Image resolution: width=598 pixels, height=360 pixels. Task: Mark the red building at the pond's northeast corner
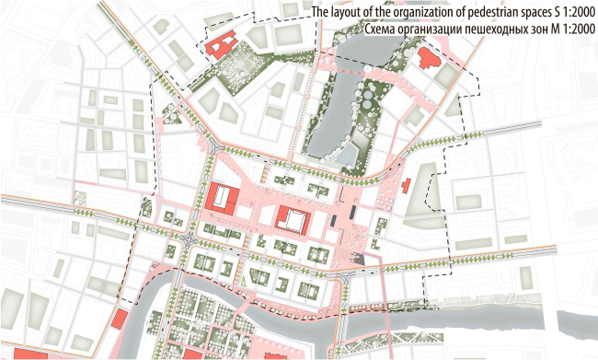tap(428, 61)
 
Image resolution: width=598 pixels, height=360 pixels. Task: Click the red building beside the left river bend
tap(119, 320)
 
